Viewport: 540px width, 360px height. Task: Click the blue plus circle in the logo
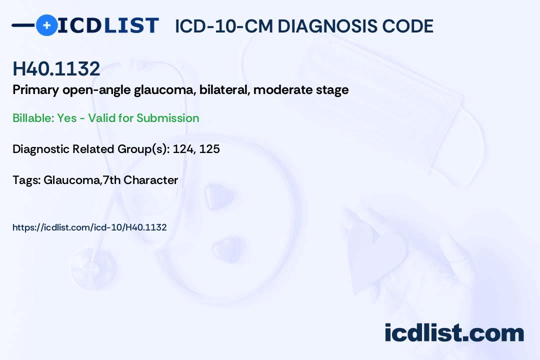click(x=46, y=25)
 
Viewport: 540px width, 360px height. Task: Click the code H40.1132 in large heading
click(x=56, y=69)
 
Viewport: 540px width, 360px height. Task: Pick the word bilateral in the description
click(x=223, y=90)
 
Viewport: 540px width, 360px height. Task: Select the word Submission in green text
click(x=167, y=118)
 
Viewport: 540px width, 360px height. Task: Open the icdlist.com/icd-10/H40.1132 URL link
click(x=89, y=227)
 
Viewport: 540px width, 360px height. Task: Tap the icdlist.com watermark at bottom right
click(x=454, y=333)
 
